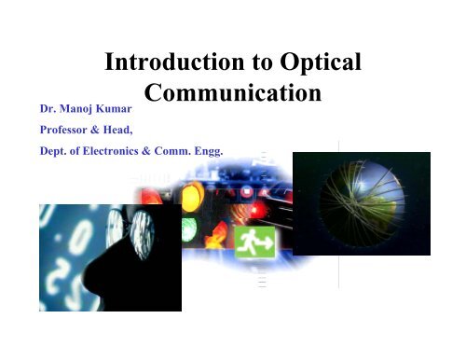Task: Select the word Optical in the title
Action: pos(320,65)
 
